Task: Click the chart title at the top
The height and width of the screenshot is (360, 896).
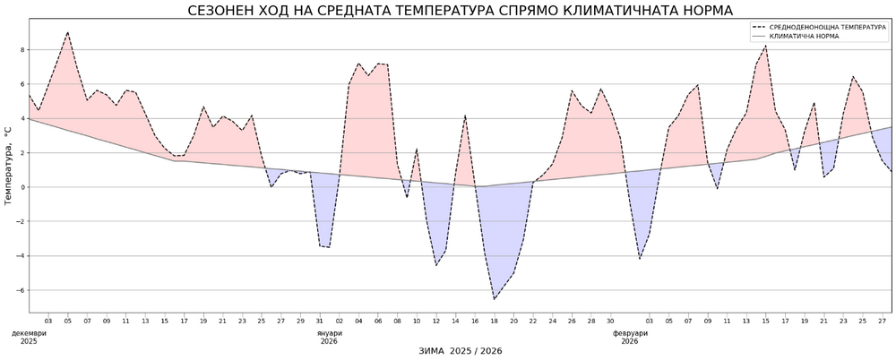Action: tap(460, 11)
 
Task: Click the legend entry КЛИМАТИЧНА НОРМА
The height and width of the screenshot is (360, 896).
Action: tap(804, 38)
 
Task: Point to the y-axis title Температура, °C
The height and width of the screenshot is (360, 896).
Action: tap(9, 166)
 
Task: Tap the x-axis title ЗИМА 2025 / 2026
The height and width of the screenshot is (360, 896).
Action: tap(461, 350)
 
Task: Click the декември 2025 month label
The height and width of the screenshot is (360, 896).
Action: tap(28, 337)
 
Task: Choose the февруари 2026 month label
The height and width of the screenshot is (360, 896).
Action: tap(630, 337)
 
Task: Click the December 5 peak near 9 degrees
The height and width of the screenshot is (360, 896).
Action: tap(67, 33)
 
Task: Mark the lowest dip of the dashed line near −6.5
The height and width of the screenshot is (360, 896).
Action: tap(494, 299)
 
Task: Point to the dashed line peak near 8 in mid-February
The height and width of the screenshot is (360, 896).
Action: tap(766, 46)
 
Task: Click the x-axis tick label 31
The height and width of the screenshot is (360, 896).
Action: tap(320, 320)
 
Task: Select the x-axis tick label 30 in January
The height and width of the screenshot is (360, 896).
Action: tap(610, 320)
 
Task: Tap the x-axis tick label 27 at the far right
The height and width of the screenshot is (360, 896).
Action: tap(883, 320)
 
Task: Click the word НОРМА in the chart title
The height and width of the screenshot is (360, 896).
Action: tap(703, 11)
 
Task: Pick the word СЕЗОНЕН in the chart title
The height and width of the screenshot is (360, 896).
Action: tap(220, 11)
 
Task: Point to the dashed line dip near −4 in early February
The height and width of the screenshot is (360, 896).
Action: tap(640, 259)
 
